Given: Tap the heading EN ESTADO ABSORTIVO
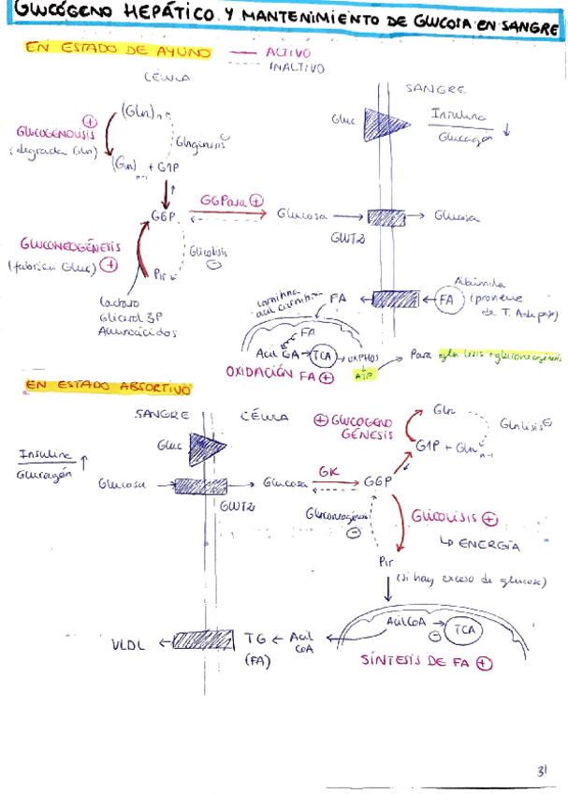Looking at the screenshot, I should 107,387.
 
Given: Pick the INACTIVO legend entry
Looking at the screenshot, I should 296,67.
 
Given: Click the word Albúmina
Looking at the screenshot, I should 480,281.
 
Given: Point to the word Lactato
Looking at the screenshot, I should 118,303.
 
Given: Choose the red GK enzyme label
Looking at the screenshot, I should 328,472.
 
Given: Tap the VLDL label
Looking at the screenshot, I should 130,643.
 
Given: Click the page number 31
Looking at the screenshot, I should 541,772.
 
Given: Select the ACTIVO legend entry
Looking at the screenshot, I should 288,53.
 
